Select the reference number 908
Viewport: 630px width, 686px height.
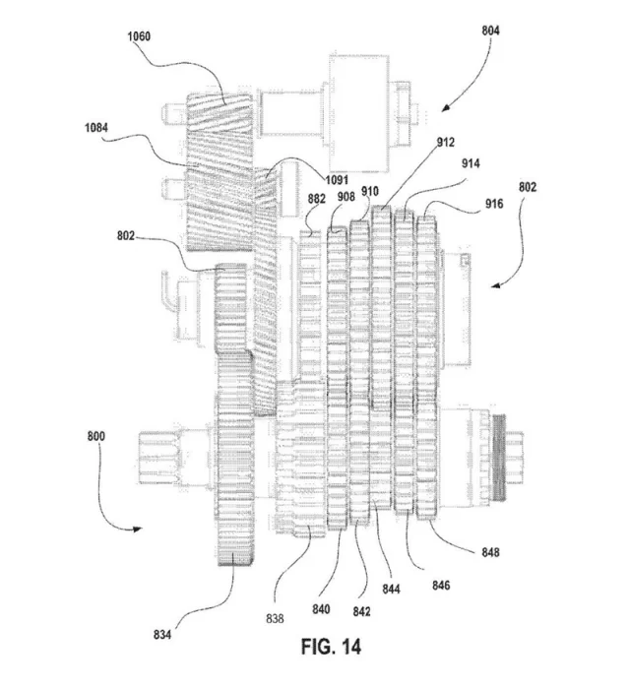[x=346, y=197]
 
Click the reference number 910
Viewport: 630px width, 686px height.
[x=370, y=191]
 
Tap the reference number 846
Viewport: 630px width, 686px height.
[x=443, y=586]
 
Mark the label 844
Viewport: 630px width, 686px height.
[x=393, y=590]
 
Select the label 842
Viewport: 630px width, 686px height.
[x=362, y=611]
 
